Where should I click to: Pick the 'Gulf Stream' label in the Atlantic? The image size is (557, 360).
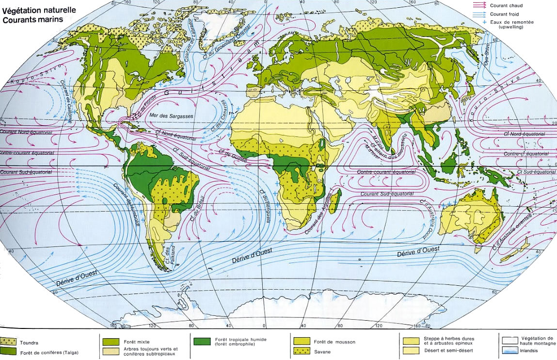click(x=208, y=77)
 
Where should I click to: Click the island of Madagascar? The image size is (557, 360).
click(x=338, y=198)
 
